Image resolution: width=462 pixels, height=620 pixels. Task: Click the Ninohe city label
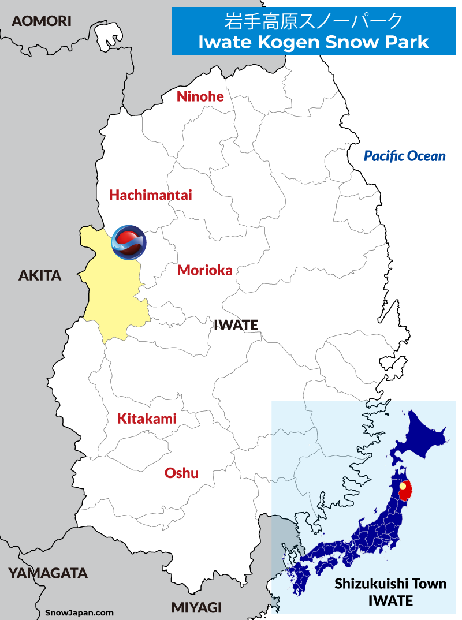tap(200, 96)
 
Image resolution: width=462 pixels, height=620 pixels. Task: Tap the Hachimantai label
tap(150, 195)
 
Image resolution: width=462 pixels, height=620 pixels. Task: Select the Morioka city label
tap(204, 270)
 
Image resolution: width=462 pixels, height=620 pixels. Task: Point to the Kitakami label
tap(147, 419)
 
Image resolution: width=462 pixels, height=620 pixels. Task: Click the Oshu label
tap(181, 473)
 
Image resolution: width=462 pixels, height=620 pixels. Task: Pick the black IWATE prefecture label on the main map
tap(236, 325)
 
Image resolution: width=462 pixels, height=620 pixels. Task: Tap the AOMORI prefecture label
tap(42, 21)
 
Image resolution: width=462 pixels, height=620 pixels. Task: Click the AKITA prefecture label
tap(40, 275)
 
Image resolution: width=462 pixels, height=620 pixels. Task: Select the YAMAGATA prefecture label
tap(48, 573)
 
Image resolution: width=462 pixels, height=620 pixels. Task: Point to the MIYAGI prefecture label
tap(196, 607)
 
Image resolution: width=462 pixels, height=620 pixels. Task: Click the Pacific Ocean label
tap(405, 156)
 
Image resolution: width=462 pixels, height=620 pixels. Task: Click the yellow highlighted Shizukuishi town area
tap(113, 294)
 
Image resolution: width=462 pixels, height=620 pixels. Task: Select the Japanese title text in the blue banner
tap(313, 21)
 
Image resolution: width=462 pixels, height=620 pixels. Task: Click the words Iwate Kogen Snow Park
tap(313, 42)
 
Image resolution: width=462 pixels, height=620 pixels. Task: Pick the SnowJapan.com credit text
tap(79, 613)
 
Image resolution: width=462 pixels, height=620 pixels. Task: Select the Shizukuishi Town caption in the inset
tap(390, 584)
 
